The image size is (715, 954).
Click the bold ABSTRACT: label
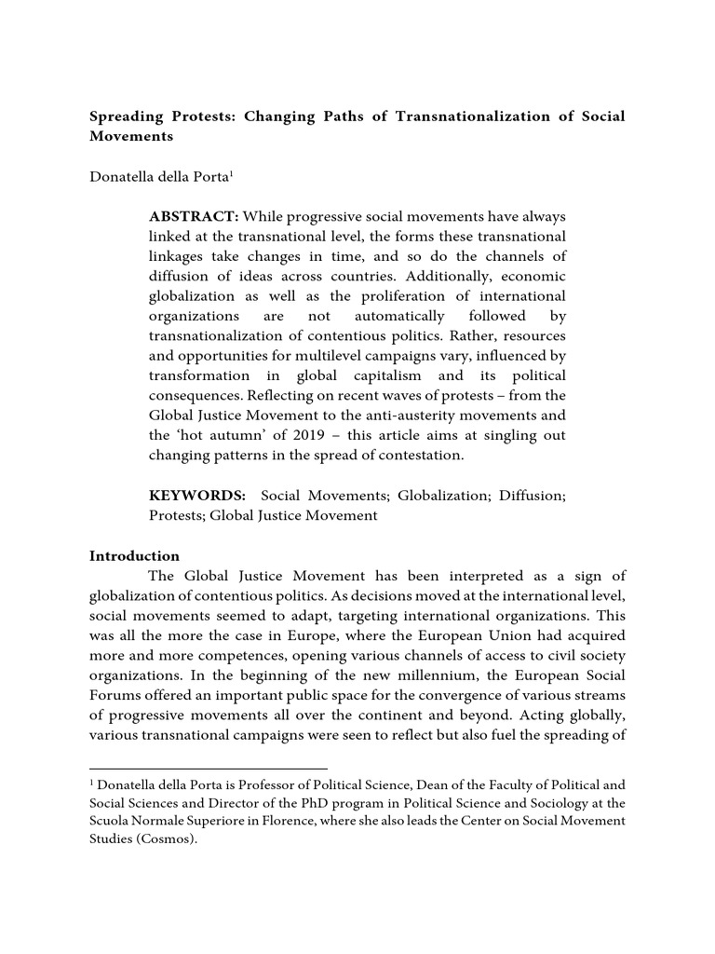click(x=193, y=217)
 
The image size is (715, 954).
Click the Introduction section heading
click(x=134, y=556)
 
